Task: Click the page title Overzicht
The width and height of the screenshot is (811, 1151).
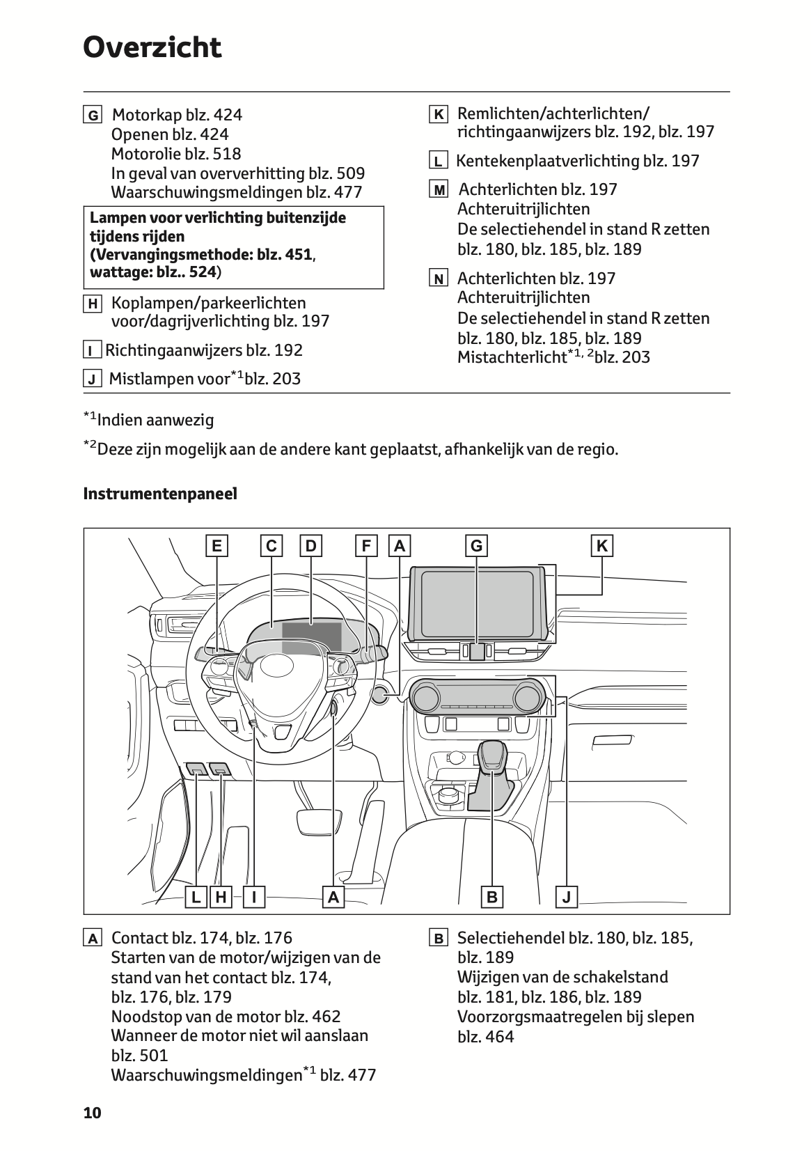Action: tap(152, 48)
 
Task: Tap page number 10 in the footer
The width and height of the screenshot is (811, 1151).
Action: tap(93, 1113)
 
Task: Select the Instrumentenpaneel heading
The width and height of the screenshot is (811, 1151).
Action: tap(160, 494)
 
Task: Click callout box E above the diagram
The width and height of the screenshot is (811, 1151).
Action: tap(217, 546)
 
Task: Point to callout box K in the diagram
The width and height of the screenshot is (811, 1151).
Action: tap(602, 546)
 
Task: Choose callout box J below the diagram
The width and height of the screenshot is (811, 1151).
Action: tap(567, 898)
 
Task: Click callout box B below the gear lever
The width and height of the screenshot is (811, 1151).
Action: tap(492, 898)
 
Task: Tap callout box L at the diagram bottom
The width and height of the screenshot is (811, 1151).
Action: tap(196, 898)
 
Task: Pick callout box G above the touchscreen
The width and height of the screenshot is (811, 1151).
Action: tap(477, 546)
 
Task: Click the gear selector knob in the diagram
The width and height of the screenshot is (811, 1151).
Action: tap(491, 757)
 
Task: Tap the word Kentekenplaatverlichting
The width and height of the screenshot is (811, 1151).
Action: tap(547, 161)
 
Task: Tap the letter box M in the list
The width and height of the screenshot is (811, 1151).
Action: tap(439, 190)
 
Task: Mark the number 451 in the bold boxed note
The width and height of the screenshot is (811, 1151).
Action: tap(298, 254)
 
